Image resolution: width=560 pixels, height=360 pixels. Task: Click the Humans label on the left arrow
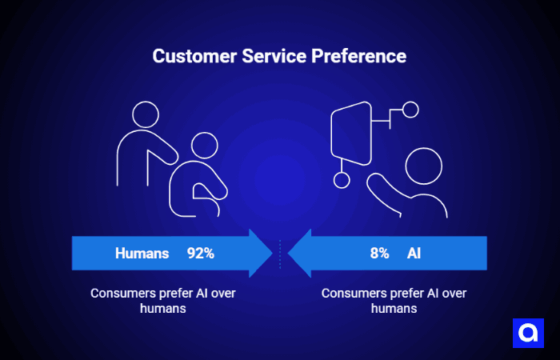tap(142, 254)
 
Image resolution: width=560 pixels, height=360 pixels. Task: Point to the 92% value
tap(201, 254)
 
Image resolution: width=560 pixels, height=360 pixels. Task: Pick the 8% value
tap(379, 254)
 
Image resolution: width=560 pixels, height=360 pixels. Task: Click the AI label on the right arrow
tap(414, 254)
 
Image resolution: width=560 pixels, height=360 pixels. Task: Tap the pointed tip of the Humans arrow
tap(271, 254)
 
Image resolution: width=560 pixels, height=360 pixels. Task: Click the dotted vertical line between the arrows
tap(280, 254)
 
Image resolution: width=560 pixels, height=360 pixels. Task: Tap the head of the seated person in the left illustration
tap(204, 146)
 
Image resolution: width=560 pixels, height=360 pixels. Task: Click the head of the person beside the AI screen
tap(424, 166)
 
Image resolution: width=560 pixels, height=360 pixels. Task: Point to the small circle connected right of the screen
tap(411, 110)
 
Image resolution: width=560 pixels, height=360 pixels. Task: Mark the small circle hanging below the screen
tap(342, 180)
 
